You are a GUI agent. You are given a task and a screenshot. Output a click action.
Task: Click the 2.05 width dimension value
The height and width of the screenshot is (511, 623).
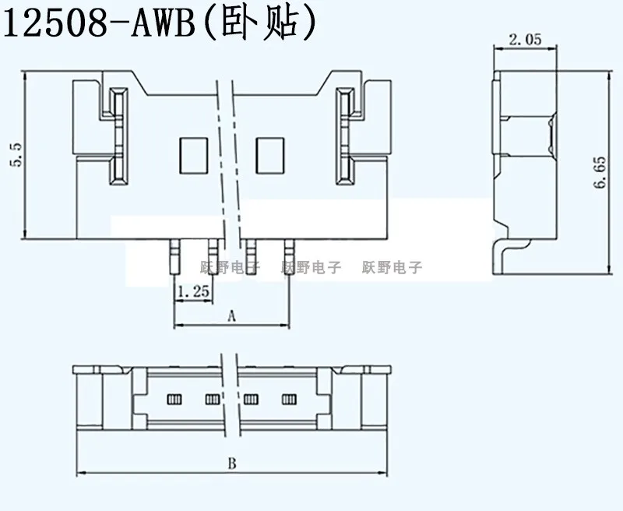[525, 38]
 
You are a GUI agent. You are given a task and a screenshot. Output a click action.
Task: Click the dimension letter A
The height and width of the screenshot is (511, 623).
[231, 315]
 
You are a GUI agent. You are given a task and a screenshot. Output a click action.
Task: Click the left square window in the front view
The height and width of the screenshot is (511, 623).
[193, 155]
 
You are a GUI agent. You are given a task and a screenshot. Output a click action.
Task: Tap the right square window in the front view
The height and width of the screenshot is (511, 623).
[270, 155]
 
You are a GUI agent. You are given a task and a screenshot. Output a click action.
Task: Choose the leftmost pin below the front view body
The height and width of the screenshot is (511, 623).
[174, 254]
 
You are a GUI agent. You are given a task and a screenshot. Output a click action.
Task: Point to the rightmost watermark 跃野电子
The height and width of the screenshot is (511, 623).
[392, 267]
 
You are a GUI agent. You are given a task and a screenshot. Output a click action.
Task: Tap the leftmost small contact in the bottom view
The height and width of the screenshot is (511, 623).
[174, 400]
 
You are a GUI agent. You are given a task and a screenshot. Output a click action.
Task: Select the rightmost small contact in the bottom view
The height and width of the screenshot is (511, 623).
[290, 400]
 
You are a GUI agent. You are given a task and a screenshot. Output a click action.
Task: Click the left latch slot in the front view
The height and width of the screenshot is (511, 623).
[118, 136]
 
